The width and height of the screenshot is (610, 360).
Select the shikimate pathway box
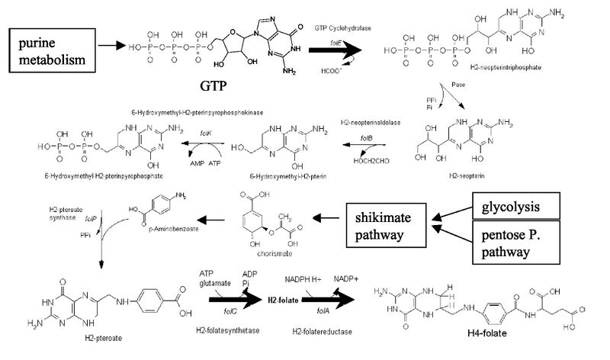pyautogui.click(x=387, y=227)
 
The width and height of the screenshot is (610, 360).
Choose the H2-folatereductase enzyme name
pyautogui.click(x=316, y=333)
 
